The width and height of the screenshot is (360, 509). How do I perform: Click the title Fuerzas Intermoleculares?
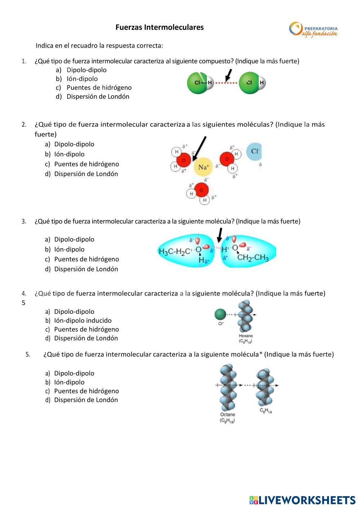click(159, 27)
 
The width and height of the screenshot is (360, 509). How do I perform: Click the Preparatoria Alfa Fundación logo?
click(314, 29)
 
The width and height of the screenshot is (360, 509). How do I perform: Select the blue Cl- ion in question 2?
click(254, 151)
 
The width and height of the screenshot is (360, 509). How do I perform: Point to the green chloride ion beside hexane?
click(220, 314)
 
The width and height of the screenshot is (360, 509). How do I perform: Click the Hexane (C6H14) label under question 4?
click(246, 338)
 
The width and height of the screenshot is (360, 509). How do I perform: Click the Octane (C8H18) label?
click(227, 417)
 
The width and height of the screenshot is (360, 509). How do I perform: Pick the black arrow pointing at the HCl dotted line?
click(228, 75)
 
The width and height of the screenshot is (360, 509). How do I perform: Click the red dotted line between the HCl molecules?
click(226, 83)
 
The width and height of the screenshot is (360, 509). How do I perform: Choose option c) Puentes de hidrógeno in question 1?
click(99, 88)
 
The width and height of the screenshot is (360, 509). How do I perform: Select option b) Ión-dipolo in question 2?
click(69, 154)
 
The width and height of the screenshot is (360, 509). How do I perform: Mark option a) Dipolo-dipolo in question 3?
click(74, 240)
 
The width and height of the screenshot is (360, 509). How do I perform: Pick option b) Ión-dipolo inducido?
click(83, 321)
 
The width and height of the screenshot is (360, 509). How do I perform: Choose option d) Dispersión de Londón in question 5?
click(86, 400)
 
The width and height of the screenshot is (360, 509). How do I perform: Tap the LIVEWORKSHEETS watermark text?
click(306, 500)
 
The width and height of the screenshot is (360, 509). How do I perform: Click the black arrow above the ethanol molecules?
click(219, 235)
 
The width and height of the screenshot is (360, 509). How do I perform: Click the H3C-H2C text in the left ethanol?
click(174, 251)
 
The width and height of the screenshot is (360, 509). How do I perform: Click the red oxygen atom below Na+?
click(201, 190)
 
